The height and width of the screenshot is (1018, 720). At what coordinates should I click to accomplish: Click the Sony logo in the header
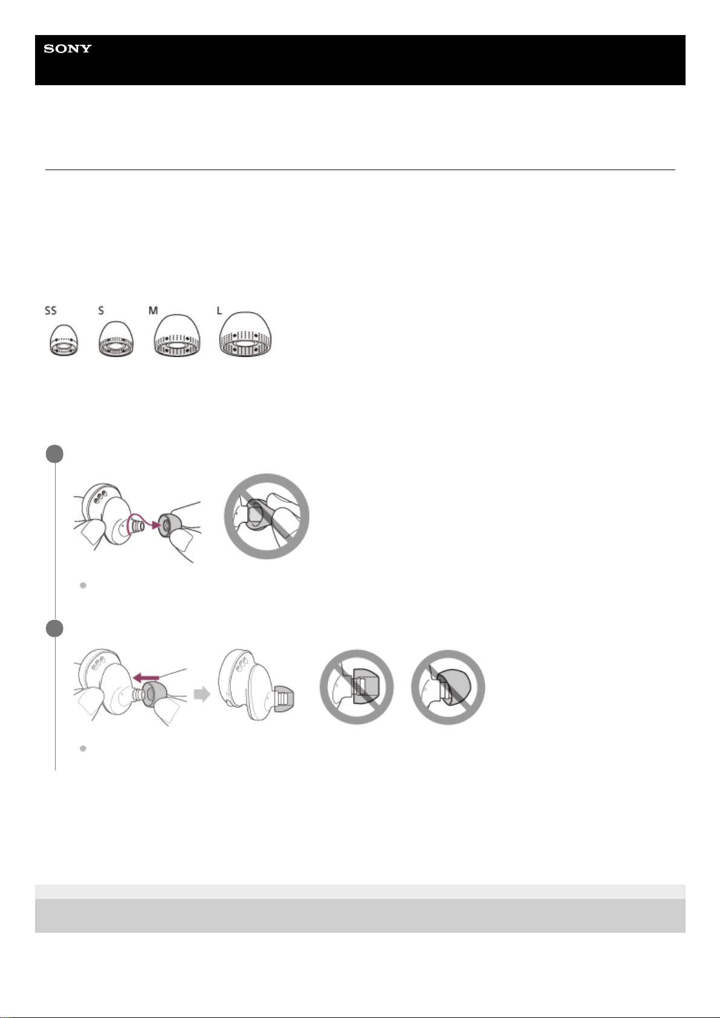click(67, 48)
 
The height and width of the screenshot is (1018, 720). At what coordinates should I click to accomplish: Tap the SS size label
click(51, 311)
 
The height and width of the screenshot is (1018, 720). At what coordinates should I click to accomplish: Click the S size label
click(101, 311)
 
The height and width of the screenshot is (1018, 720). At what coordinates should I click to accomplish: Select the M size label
click(154, 311)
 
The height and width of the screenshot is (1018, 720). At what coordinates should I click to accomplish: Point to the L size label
click(219, 311)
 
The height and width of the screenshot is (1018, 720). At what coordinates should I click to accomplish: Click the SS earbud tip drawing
click(63, 340)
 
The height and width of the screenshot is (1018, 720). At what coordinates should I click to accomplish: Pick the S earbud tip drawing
click(116, 339)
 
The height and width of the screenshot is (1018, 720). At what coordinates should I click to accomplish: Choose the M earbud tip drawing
click(177, 335)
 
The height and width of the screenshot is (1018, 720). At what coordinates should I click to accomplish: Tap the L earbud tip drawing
click(245, 334)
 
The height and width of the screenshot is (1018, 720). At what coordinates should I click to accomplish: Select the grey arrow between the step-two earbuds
click(202, 694)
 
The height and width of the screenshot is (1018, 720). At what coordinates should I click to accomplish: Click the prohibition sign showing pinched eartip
click(267, 517)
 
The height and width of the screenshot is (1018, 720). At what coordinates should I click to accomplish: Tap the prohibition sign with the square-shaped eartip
click(357, 687)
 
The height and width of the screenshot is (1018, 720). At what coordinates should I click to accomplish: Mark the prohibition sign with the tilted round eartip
click(448, 687)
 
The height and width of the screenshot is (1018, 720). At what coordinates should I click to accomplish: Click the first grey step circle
click(54, 454)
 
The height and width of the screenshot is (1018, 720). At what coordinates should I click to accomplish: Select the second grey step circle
click(54, 628)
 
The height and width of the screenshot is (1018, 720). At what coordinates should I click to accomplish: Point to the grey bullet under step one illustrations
click(83, 585)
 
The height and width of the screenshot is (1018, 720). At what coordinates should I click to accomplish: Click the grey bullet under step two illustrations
click(83, 748)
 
